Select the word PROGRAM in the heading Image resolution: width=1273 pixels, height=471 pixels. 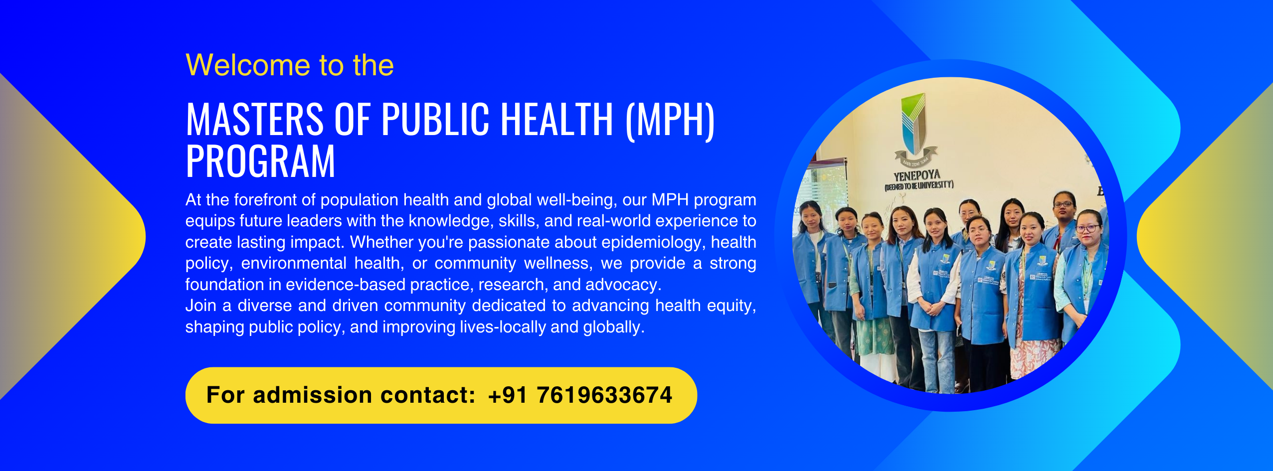[260, 161]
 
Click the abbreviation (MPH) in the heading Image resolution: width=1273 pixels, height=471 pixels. [670, 120]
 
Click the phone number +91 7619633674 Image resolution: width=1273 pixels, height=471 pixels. [580, 395]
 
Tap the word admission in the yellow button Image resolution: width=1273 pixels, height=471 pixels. [313, 395]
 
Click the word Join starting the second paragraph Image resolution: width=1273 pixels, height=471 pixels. [201, 306]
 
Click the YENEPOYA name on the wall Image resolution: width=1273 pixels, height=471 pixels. [916, 175]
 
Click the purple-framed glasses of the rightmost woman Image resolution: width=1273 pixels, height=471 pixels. [1087, 229]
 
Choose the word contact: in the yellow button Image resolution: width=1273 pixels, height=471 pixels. [428, 395]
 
